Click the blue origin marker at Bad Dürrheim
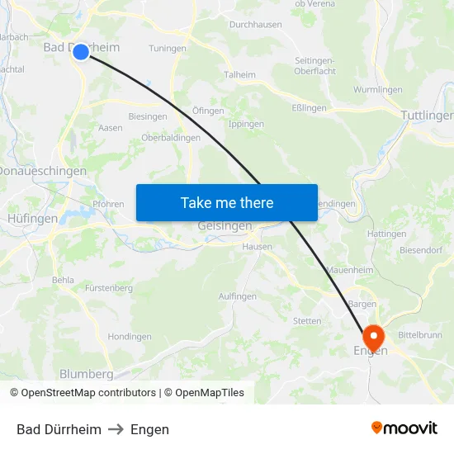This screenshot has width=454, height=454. (81, 52)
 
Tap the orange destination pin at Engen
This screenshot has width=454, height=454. (373, 337)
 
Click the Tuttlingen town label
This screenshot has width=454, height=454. (426, 116)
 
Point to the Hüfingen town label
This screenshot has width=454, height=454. (32, 219)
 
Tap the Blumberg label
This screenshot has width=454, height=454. (86, 373)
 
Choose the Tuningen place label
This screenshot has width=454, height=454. (168, 49)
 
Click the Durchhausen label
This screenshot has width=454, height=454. (255, 25)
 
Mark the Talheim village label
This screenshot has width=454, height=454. (240, 74)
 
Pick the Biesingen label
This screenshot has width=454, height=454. (148, 116)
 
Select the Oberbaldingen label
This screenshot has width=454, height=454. (171, 138)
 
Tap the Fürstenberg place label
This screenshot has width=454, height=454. (108, 288)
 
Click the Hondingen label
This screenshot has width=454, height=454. (130, 337)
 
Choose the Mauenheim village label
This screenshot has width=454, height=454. (350, 270)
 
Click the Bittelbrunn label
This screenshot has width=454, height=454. (420, 335)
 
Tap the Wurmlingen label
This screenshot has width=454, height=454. (377, 89)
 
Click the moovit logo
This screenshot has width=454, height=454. (404, 428)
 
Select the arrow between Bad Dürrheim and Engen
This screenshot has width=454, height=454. (116, 429)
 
